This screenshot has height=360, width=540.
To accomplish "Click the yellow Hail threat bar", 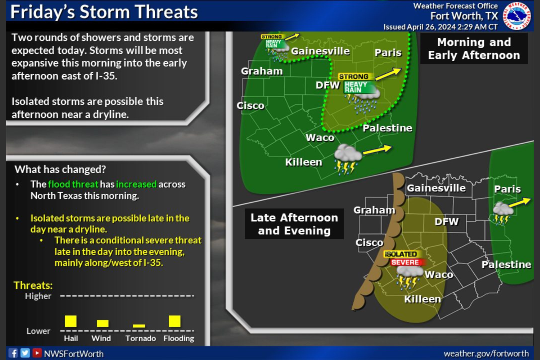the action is (71, 321).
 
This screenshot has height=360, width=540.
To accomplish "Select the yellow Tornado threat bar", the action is (139, 326).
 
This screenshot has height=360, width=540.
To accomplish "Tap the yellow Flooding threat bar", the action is (175, 321).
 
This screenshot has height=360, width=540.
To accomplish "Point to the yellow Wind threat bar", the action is (103, 324).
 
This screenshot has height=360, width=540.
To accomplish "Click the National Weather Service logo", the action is (517, 15).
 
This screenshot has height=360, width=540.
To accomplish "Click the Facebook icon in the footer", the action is (13, 353).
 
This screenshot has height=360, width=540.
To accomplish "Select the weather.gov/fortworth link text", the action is (486, 354).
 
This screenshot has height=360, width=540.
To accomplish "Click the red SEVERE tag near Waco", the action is (405, 262).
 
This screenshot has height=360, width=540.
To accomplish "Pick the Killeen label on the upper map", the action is (304, 162).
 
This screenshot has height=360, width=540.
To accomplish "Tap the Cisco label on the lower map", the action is (369, 243).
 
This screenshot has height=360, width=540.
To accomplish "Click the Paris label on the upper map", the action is (388, 53).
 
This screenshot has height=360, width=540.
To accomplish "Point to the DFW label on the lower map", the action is (446, 221).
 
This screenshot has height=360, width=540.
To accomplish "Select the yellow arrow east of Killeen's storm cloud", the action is (377, 149).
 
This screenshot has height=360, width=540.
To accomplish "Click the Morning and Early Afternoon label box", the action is (474, 49).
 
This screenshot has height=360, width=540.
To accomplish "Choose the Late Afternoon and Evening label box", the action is (294, 224).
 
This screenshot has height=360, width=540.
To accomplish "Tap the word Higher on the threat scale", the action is (38, 296).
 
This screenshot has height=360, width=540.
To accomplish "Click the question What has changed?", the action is (60, 170).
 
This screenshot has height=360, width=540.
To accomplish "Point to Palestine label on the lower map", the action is (506, 265).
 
